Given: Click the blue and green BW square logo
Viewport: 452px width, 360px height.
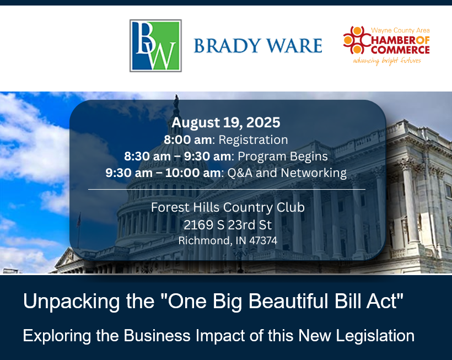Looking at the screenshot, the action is (155, 46).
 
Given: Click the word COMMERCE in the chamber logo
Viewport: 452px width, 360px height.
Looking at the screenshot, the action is (400, 50).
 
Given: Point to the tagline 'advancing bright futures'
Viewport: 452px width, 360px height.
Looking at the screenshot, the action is (387, 61).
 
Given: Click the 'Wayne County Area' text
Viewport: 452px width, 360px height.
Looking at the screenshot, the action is (400, 30).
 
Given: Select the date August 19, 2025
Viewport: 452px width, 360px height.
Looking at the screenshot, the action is (225, 122).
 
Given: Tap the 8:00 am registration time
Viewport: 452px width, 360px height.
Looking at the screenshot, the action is (187, 140).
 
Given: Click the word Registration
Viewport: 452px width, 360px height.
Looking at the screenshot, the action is (253, 140).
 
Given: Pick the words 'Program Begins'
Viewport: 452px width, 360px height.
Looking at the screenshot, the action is (282, 157).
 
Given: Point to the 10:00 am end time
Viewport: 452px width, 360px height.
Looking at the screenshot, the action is (193, 173).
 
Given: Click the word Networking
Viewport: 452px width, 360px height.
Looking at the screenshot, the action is (314, 173).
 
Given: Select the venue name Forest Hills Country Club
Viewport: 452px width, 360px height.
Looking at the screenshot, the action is (228, 207).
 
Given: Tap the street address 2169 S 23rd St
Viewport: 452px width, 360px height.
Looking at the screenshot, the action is (228, 225).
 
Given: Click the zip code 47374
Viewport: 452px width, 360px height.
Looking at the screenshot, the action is (263, 240).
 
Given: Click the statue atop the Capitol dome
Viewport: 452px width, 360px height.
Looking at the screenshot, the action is (176, 102).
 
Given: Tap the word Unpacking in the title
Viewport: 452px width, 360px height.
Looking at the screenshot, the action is (71, 302).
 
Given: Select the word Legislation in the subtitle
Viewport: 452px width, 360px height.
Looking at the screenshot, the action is (375, 336).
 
